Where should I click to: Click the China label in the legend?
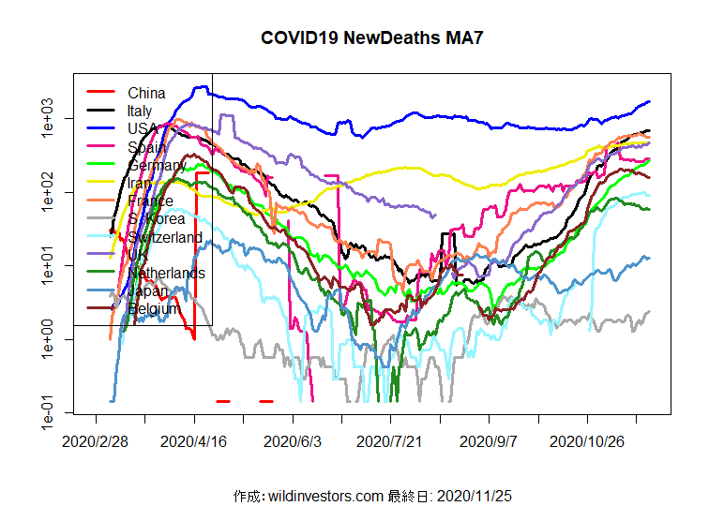click(146, 93)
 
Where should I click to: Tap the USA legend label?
click(143, 129)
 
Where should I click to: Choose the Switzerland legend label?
click(165, 238)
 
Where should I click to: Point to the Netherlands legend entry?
click(167, 274)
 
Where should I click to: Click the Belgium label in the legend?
click(153, 309)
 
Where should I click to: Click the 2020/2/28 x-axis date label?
click(96, 440)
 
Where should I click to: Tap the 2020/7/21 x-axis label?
click(390, 440)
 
